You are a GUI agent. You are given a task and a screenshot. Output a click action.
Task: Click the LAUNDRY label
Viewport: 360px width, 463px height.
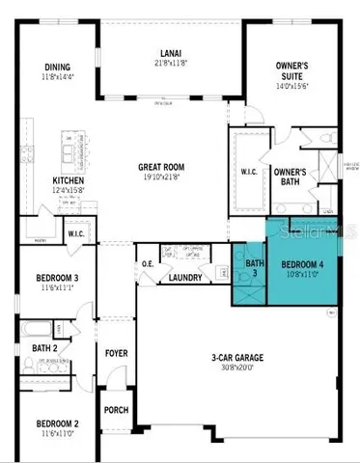pyautogui.click(x=184, y=278)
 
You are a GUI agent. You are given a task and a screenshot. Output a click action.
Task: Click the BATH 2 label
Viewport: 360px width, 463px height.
pyautogui.click(x=42, y=348)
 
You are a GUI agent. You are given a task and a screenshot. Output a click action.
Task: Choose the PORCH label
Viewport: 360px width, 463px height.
pyautogui.click(x=116, y=408)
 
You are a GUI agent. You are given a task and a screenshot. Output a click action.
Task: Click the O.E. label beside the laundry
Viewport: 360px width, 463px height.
pyautogui.click(x=148, y=264)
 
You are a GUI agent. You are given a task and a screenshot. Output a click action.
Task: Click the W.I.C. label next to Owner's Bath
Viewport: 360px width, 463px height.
pyautogui.click(x=247, y=173)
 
